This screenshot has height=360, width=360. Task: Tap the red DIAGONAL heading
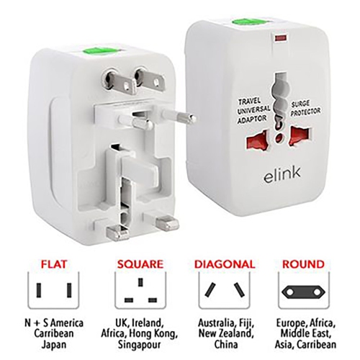[224, 264]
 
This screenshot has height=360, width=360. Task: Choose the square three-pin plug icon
[137, 292]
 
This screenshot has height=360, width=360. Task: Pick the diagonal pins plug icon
[224, 292]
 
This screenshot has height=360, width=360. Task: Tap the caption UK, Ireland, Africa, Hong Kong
[137, 333]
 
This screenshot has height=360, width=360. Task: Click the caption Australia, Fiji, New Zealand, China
[224, 333]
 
